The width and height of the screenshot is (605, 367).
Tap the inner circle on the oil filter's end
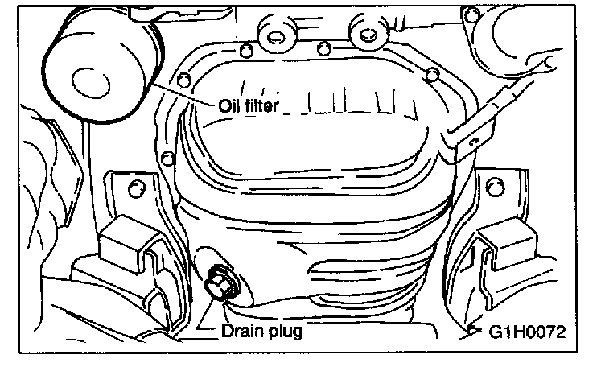point(84,80)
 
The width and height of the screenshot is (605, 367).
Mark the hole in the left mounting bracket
point(135,189)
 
